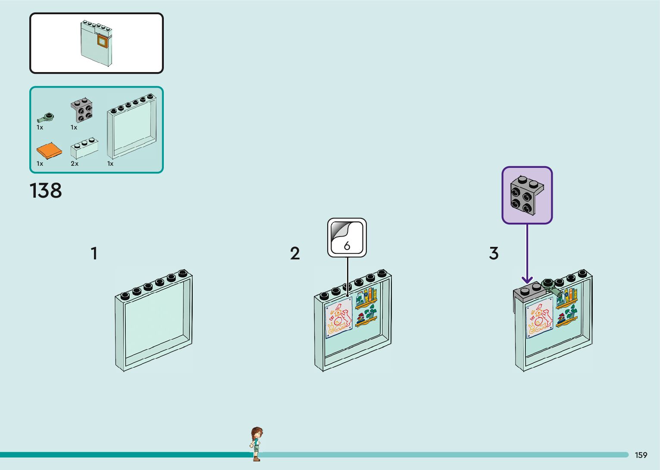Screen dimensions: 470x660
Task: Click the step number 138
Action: [46, 191]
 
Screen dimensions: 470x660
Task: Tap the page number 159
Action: [641, 455]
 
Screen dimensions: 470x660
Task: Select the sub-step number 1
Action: [94, 253]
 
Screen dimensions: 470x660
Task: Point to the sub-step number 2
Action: [295, 253]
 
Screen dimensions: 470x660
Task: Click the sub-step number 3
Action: [494, 253]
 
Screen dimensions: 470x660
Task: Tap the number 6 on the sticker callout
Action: [347, 246]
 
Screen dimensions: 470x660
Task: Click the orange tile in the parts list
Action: [49, 151]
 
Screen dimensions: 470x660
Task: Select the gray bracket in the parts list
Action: [82, 110]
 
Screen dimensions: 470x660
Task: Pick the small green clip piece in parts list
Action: [45, 117]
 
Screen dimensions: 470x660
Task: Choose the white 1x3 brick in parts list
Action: [84, 148]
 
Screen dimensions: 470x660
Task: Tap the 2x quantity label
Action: [75, 164]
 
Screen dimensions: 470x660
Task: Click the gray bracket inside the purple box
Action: [527, 195]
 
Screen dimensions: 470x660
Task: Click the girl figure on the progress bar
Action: [256, 444]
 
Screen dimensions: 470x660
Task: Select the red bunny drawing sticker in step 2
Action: [338, 318]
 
